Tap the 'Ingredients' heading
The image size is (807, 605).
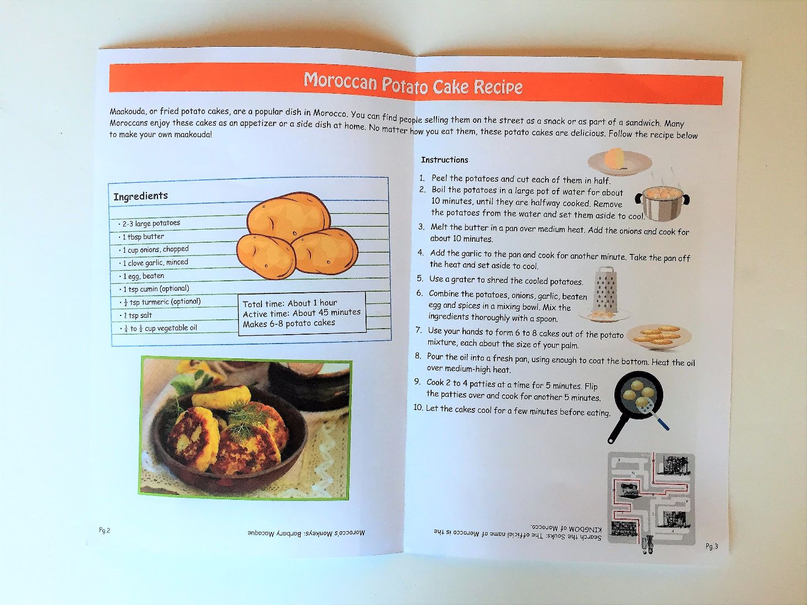(140, 197)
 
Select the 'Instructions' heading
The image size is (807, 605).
(444, 160)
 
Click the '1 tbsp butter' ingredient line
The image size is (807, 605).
(143, 236)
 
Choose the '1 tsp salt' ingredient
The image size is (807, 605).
(137, 315)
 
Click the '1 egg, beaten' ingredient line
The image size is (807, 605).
(143, 276)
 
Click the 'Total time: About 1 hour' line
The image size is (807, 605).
(290, 303)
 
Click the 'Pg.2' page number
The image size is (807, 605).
(105, 530)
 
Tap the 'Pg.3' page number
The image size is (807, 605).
(712, 546)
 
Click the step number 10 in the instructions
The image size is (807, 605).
(418, 407)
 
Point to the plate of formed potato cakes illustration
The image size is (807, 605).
(659, 337)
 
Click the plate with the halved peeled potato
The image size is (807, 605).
(620, 161)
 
